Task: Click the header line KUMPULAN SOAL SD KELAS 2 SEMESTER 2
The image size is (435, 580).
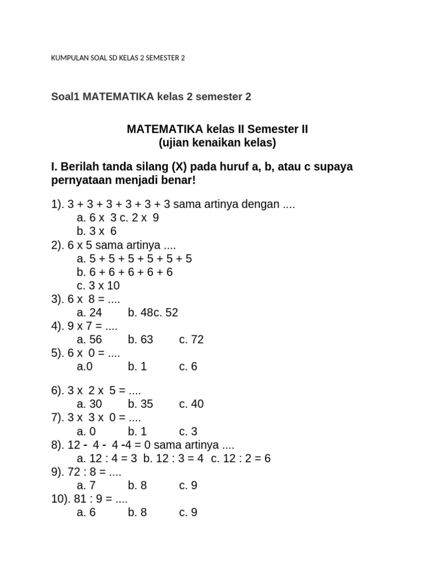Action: click(118, 58)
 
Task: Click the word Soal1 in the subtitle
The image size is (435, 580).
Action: click(66, 97)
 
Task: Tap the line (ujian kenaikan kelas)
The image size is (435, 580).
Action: click(217, 143)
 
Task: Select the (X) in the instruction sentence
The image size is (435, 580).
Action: click(180, 167)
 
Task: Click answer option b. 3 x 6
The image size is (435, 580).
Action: click(96, 231)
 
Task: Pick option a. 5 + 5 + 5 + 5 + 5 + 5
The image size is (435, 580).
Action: click(134, 258)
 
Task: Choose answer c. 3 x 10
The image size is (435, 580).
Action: click(98, 285)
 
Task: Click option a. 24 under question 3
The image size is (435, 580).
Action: click(88, 313)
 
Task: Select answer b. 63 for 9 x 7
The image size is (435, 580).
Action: click(140, 339)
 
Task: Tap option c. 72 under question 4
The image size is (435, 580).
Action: click(191, 339)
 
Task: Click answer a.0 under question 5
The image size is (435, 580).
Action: click(84, 366)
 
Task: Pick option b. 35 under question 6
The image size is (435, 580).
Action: click(140, 404)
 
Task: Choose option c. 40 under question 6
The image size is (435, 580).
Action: click(191, 404)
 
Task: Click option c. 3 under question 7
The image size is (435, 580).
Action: click(188, 431)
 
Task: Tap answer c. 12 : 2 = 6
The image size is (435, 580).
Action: click(241, 458)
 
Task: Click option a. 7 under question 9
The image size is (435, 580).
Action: click(86, 485)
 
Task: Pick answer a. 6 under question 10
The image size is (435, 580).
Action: click(86, 513)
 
